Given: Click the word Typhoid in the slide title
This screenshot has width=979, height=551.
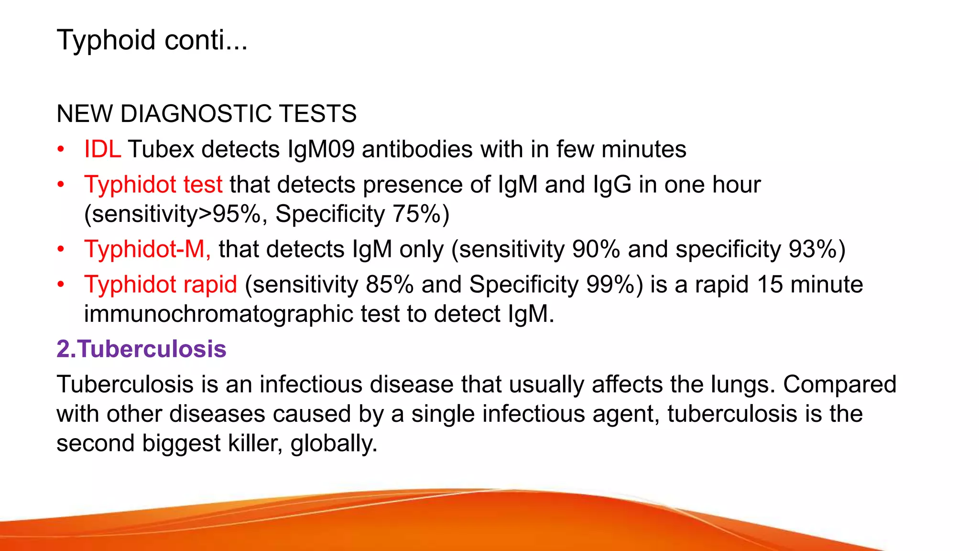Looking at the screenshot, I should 106,40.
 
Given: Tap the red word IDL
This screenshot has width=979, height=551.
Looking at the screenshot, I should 102,149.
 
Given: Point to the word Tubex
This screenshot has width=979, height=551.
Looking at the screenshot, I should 161,149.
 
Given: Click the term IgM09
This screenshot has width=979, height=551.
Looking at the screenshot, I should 321,149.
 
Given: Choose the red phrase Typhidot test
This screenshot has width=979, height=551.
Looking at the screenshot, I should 153,185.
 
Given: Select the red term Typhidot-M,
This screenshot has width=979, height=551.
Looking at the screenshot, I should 147,249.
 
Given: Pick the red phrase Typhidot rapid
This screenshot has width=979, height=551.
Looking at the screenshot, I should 161,285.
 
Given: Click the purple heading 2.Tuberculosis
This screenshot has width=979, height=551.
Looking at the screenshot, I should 141,349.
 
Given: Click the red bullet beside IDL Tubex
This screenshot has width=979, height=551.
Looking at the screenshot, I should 61,149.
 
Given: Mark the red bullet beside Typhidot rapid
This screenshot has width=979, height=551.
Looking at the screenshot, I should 61,285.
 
